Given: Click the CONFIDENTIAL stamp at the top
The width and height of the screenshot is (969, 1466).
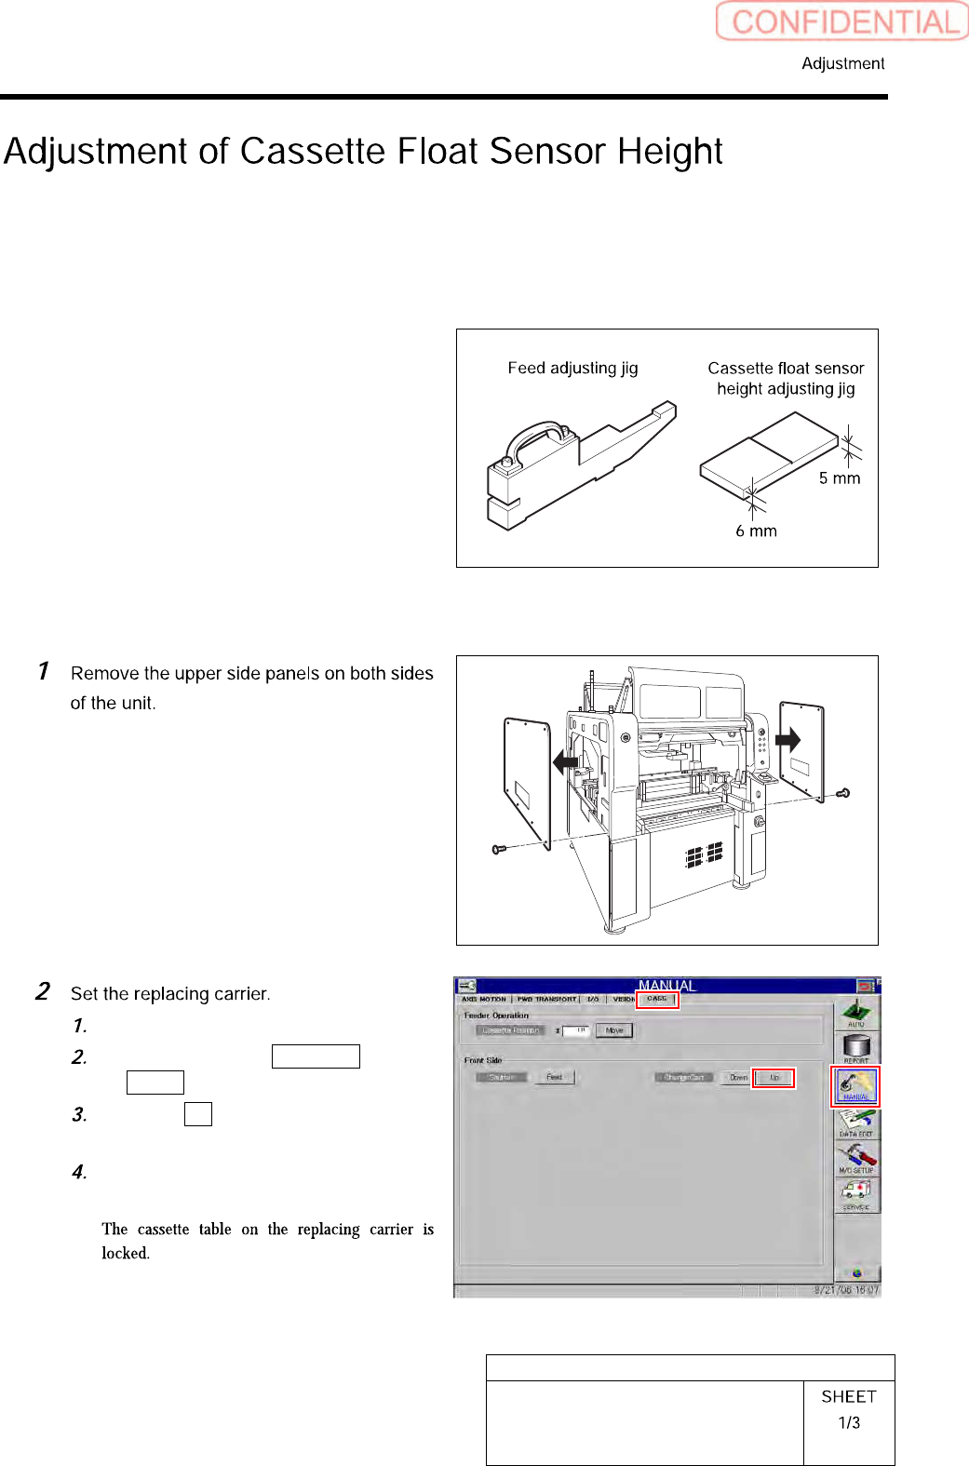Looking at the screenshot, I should pyautogui.click(x=842, y=21).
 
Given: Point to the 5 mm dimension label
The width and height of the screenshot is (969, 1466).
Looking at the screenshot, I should pyautogui.click(x=839, y=478).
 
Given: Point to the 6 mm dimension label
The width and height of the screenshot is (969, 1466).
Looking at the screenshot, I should pyautogui.click(x=756, y=531).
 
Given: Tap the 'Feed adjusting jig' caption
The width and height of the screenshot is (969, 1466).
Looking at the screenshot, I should pyautogui.click(x=572, y=368).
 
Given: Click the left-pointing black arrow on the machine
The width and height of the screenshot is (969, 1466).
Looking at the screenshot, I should pyautogui.click(x=566, y=762).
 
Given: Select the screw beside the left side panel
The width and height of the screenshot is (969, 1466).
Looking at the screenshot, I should pyautogui.click(x=498, y=849).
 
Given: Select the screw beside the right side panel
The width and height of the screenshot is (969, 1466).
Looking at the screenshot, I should pyautogui.click(x=842, y=794).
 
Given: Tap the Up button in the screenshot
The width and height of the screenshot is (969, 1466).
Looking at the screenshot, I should pyautogui.click(x=774, y=1078).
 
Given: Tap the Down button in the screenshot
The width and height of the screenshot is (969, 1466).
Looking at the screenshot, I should pyautogui.click(x=738, y=1078).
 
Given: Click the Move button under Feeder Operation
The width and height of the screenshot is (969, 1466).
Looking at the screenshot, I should pyautogui.click(x=614, y=1030).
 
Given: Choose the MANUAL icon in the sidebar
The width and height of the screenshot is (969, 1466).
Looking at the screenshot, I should pyautogui.click(x=855, y=1085).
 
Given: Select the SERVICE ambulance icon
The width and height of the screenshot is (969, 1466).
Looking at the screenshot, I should pyautogui.click(x=855, y=1193).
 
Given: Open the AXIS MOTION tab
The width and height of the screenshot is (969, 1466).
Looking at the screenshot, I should pyautogui.click(x=484, y=999).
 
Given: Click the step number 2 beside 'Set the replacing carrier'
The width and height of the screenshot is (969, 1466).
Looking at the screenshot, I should pyautogui.click(x=43, y=991).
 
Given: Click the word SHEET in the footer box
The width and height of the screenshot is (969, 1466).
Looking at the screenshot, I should pyautogui.click(x=849, y=1396).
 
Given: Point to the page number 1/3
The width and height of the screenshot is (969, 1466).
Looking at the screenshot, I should pyautogui.click(x=849, y=1422).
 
